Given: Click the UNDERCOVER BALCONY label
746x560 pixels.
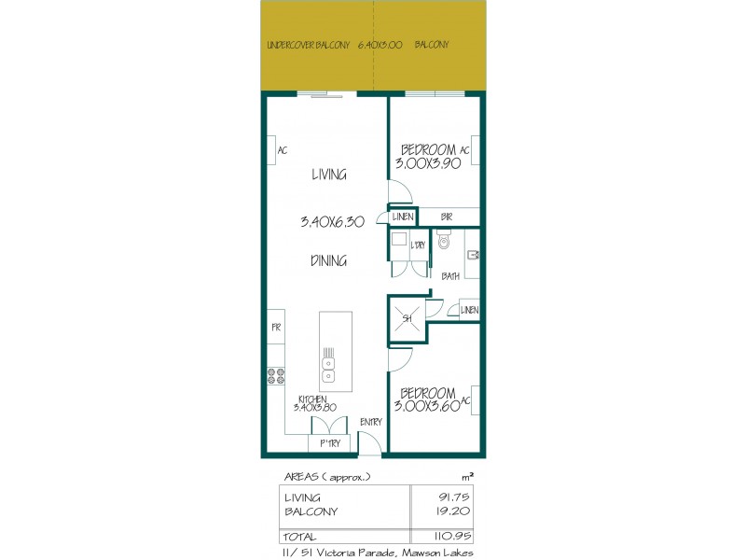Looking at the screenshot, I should point(308,44).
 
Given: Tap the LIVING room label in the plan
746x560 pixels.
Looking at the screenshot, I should point(328,175).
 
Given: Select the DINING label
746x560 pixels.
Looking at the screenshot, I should point(329,261).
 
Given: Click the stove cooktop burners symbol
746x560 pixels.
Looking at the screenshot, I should point(277,376).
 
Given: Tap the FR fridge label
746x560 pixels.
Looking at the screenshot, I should point(276,328).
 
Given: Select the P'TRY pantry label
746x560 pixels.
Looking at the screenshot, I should point(328,443).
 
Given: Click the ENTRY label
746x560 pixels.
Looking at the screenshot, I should point(370,422).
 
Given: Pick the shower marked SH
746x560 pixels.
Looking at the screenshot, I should point(407,318).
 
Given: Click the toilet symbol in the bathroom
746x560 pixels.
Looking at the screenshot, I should point(444,244).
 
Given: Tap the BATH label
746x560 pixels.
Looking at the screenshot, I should point(450,276).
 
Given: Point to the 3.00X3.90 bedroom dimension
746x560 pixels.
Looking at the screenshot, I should point(428,164).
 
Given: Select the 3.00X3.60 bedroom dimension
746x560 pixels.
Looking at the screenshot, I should point(427,406).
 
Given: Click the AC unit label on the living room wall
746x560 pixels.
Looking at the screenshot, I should point(282,148).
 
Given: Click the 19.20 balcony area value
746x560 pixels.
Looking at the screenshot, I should point(450,511).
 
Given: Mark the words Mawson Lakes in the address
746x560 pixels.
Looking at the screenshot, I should point(437,553).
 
